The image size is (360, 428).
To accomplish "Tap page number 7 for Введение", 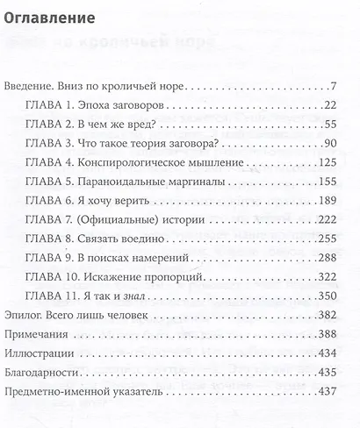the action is [335, 86].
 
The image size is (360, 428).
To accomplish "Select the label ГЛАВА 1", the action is [47, 105].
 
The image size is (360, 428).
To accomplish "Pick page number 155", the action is [328, 182].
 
